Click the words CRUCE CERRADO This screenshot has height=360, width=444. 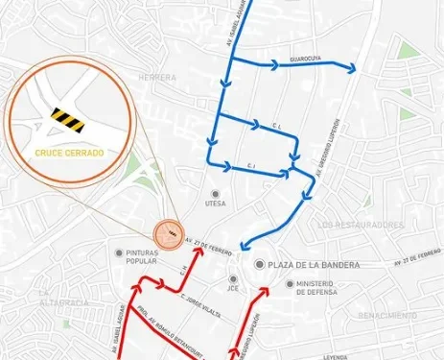68,152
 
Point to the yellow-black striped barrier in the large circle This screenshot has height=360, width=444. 68,118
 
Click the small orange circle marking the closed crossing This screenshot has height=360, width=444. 168,231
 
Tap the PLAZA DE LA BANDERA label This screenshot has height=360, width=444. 314,264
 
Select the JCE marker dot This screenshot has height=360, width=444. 233,278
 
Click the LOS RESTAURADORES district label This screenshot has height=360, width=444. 360,224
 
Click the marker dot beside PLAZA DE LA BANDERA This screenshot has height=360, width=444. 259,264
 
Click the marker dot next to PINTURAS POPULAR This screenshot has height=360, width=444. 117,252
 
